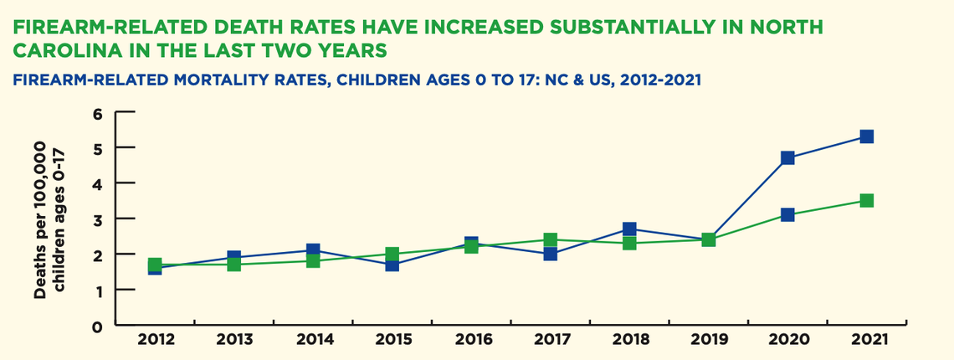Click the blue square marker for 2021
[866, 136]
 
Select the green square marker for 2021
[866, 201]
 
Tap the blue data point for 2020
[787, 158]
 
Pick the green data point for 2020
[787, 215]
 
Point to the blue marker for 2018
[629, 229]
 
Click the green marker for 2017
[550, 240]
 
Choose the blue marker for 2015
[392, 265]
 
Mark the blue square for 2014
[313, 250]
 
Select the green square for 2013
[234, 265]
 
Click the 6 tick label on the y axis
[98, 112]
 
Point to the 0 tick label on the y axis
[98, 326]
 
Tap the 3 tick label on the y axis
[98, 219]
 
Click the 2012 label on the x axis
[155, 341]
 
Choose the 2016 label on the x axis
[471, 341]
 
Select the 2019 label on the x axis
[708, 341]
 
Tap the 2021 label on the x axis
[866, 341]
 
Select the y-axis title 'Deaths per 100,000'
[40, 219]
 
